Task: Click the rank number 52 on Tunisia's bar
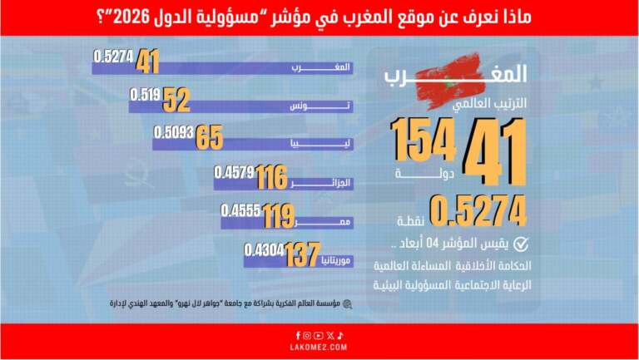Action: pos(177,100)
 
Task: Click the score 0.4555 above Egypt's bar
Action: pos(240,211)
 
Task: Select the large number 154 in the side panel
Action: pos(424,140)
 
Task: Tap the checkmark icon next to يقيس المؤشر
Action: pos(521,244)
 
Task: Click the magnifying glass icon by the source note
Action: pos(347,305)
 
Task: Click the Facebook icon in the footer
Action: pos(297,335)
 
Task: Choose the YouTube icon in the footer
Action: pos(319,335)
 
